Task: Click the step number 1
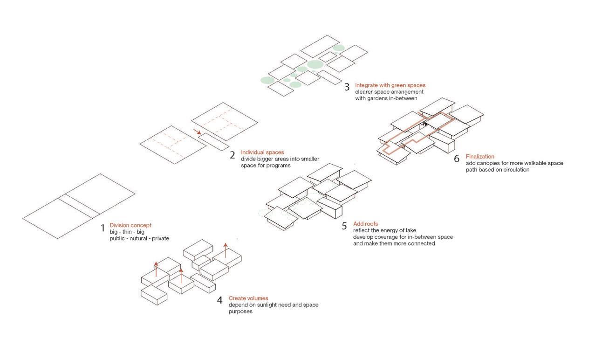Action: click(x=103, y=228)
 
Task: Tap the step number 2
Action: click(x=232, y=155)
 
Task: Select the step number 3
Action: click(x=347, y=87)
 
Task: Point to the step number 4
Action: click(x=219, y=300)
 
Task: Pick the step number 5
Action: click(x=344, y=227)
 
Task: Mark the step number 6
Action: click(x=457, y=159)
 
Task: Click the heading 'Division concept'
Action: click(x=130, y=225)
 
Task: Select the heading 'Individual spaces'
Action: click(x=262, y=152)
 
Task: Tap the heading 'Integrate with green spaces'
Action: click(x=390, y=85)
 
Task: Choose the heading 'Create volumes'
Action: click(x=248, y=298)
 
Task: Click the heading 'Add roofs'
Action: click(x=365, y=224)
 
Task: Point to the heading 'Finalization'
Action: click(x=480, y=157)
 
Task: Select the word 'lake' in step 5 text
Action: click(x=410, y=230)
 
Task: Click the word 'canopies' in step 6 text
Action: click(x=489, y=163)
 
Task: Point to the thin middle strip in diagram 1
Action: click(x=79, y=207)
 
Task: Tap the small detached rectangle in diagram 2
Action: click(x=212, y=142)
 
